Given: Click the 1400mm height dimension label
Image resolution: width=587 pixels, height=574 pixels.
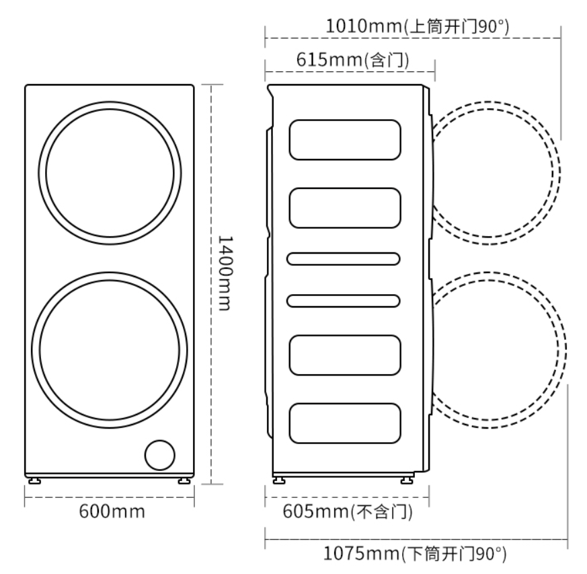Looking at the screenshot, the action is [225, 273].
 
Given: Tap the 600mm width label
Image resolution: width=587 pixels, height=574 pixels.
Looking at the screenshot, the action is [112, 511].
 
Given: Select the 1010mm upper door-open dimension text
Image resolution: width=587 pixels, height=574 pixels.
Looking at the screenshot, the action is [418, 27].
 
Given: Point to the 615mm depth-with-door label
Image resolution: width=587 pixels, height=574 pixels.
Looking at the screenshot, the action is [352, 60].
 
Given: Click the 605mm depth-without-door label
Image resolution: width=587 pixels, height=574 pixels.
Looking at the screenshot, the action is [348, 512].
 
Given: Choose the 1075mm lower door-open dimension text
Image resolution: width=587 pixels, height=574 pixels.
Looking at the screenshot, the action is [415, 554].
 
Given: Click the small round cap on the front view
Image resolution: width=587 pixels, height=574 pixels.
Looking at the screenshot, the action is [160, 455].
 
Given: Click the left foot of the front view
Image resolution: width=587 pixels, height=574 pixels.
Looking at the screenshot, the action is [34, 480].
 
